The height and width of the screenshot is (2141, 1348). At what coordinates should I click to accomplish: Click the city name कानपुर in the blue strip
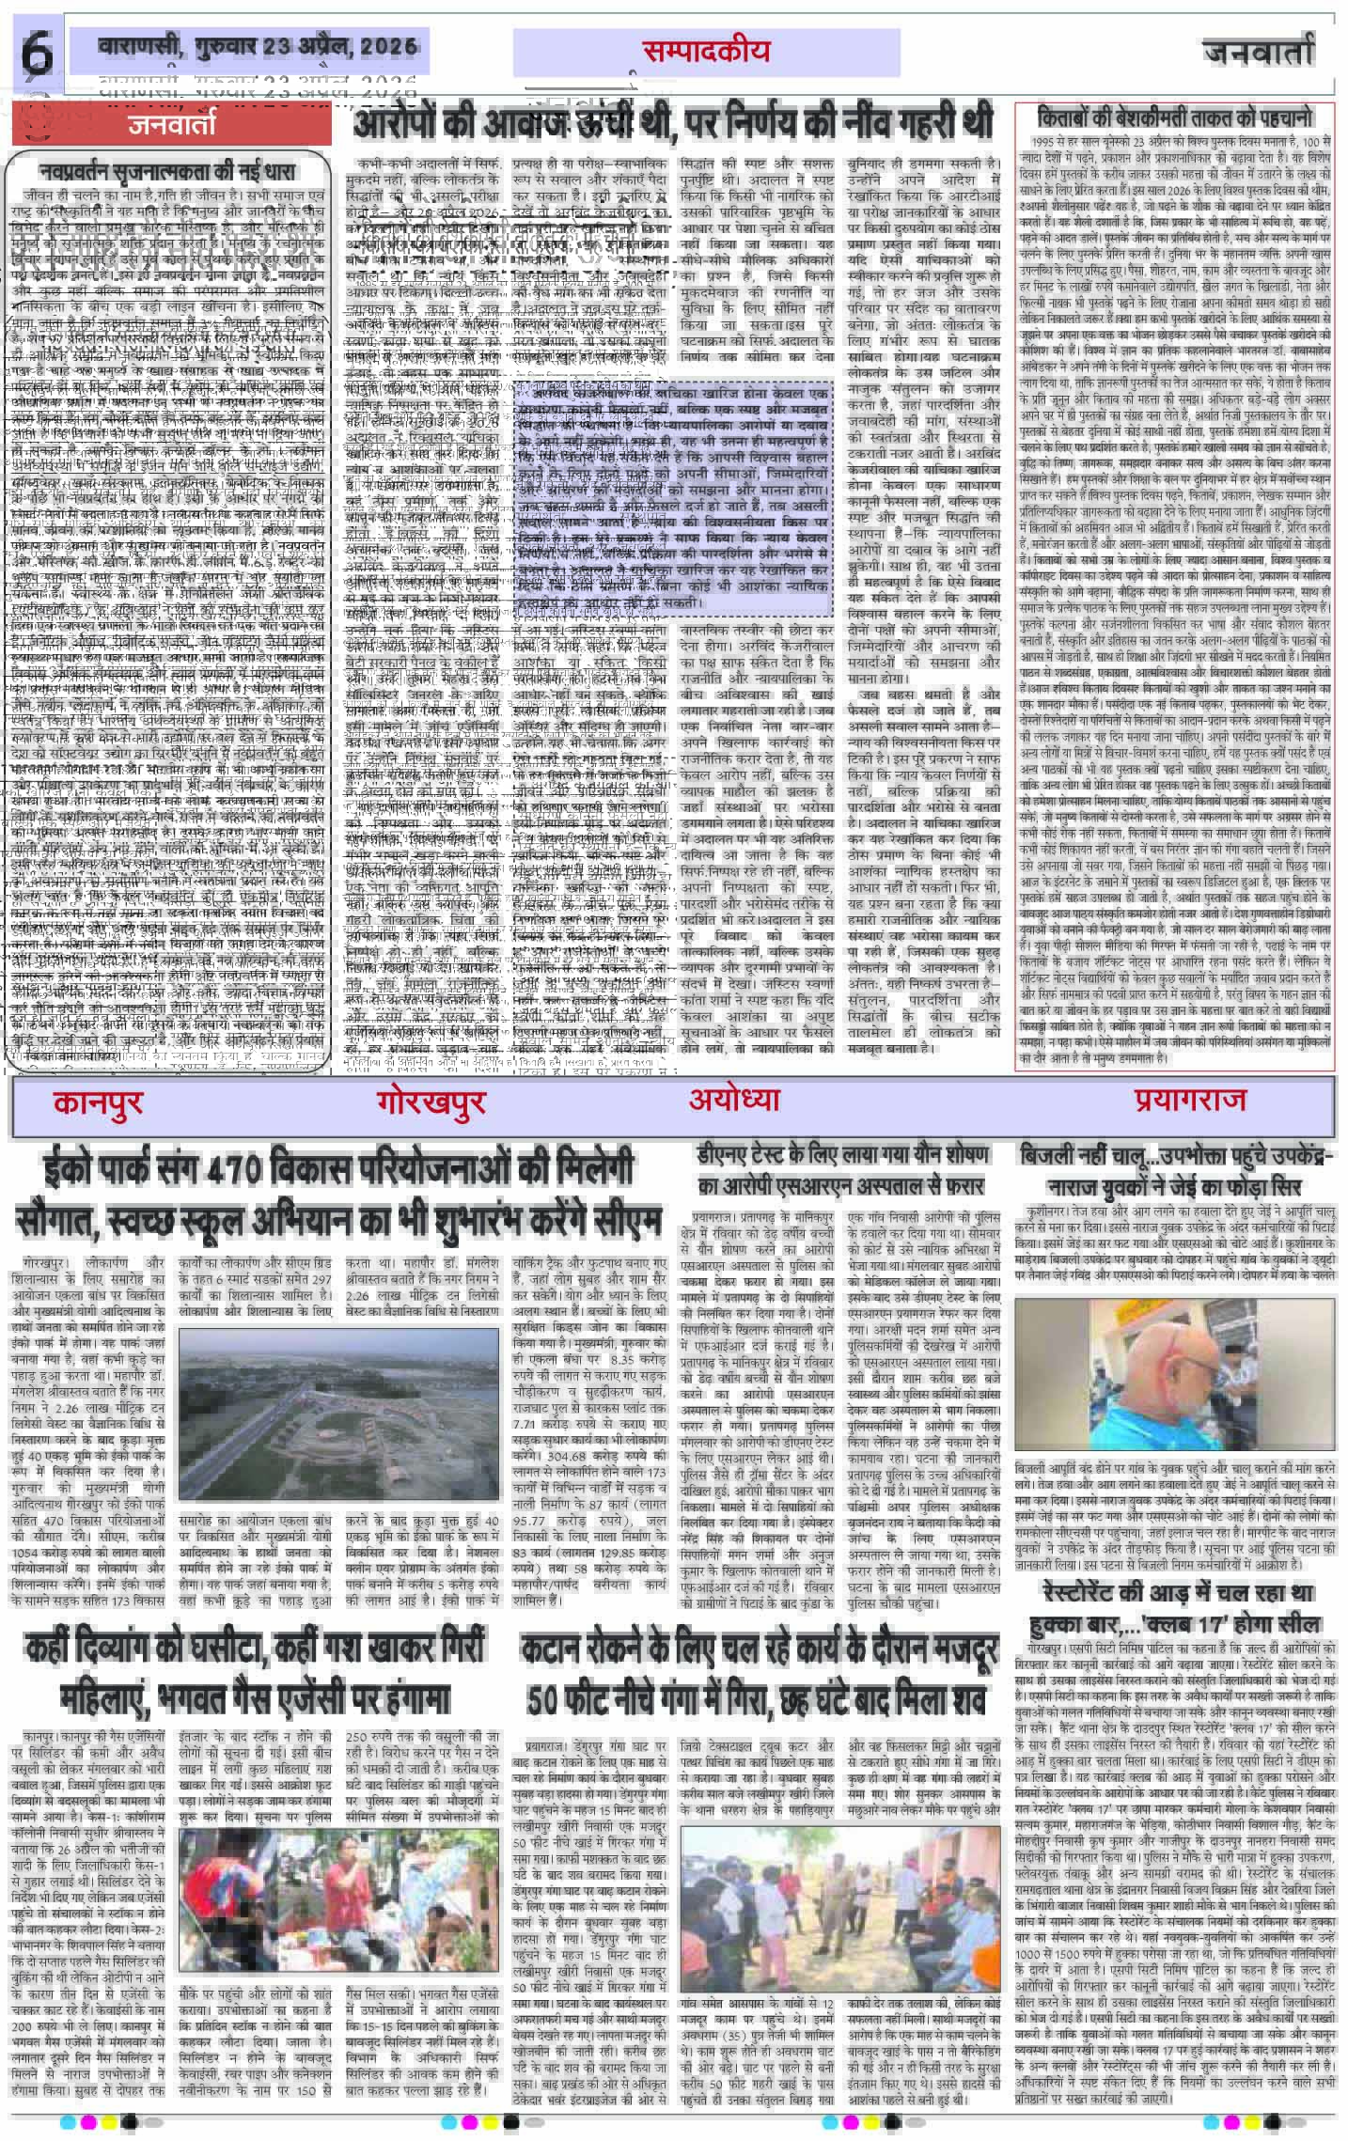[x=99, y=1101]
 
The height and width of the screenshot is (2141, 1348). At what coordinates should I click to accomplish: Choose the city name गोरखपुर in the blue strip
[x=430, y=1101]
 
